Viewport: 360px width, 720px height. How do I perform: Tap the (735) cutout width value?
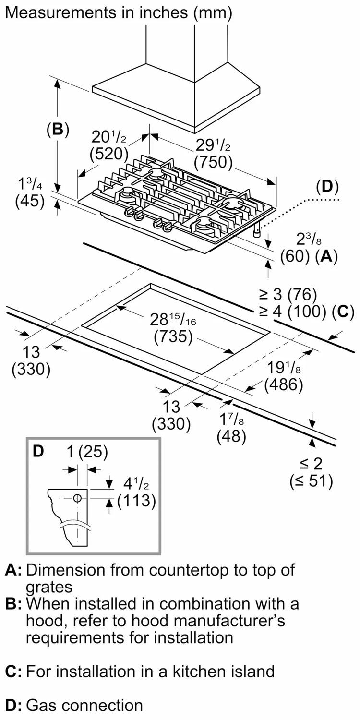tap(173, 337)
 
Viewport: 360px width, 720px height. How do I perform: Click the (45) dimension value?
tap(30, 201)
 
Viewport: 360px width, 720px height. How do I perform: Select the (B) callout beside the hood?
tap(58, 130)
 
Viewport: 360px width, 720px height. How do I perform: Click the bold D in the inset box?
tap(38, 451)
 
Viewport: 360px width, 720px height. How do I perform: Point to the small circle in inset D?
tap(77, 499)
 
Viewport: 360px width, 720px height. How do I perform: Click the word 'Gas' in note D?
tap(42, 705)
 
